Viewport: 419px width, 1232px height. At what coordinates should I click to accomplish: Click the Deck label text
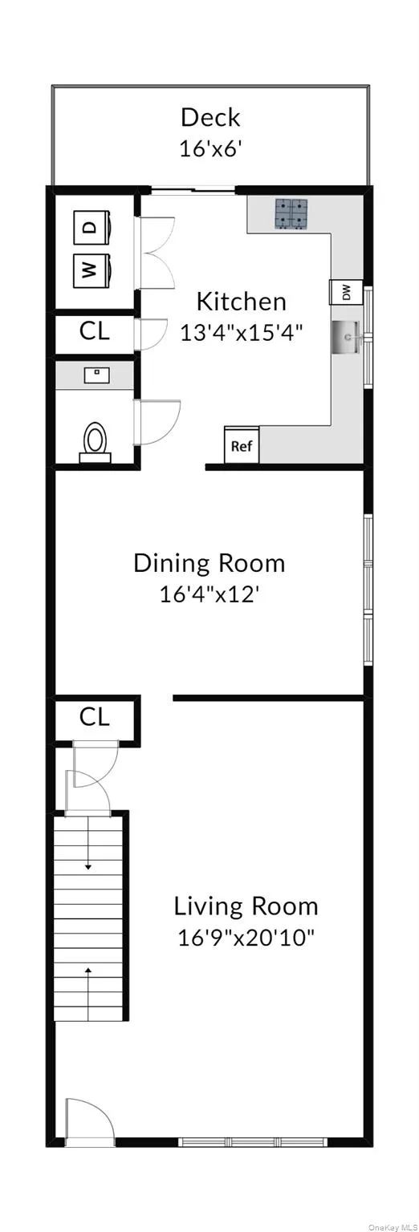tap(210, 118)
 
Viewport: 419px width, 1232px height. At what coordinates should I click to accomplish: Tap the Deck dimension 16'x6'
tap(210, 149)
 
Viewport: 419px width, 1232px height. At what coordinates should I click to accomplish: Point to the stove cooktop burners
tap(293, 213)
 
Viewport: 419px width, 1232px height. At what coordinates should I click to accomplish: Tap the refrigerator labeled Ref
tap(242, 446)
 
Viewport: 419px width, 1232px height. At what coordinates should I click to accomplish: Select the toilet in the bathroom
tap(96, 441)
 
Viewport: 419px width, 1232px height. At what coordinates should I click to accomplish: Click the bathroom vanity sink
tap(96, 374)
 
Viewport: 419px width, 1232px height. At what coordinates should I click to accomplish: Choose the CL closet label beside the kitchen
tap(94, 332)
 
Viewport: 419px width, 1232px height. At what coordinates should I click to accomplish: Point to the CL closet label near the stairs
tap(94, 717)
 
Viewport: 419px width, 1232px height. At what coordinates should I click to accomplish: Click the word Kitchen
tap(242, 302)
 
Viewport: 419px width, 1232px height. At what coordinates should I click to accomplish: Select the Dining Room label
tap(209, 563)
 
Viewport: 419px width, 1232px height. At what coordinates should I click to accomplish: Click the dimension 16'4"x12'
tap(209, 594)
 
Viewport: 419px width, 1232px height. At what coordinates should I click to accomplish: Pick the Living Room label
tap(246, 907)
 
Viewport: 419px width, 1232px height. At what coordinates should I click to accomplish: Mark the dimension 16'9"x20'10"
tap(246, 938)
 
